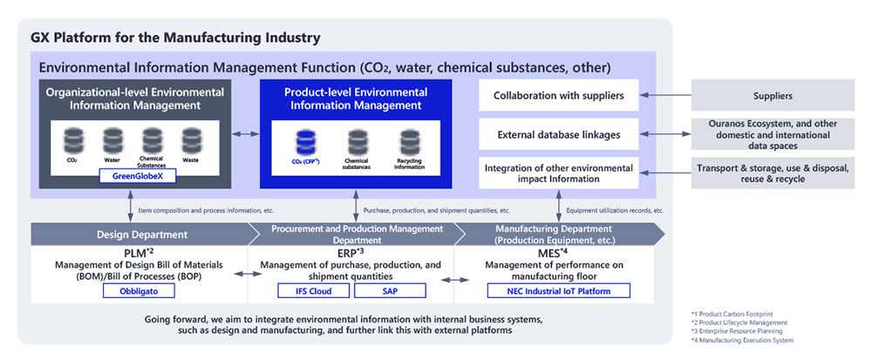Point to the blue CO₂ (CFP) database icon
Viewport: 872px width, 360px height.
304,141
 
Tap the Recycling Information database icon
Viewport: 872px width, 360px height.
409,142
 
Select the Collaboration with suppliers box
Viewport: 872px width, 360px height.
559,95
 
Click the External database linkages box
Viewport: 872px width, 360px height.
559,134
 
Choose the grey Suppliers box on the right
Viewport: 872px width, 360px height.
778,95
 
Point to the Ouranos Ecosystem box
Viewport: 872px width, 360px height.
778,134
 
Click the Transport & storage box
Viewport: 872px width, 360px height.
778,173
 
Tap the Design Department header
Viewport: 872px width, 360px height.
140,234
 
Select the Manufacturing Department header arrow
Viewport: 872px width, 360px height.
559,234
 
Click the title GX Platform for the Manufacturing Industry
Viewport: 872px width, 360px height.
175,38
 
